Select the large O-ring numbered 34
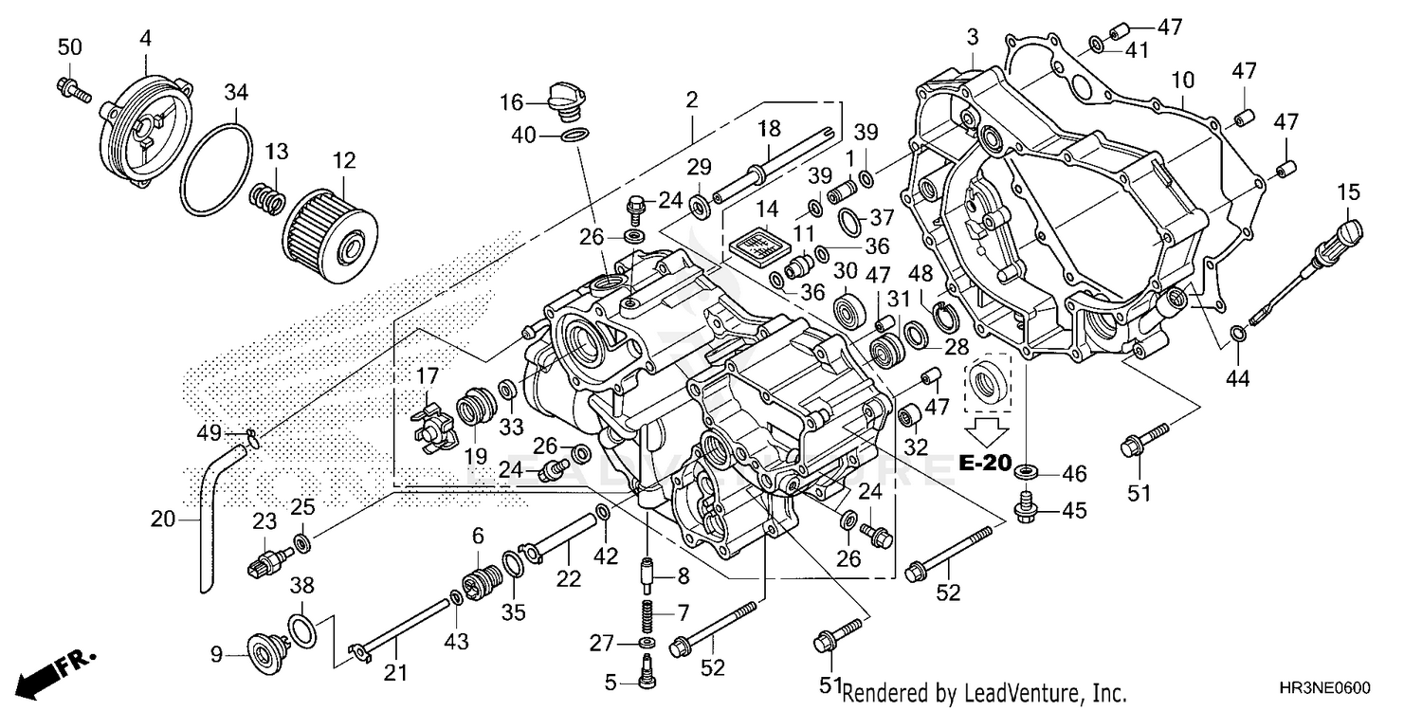pyautogui.click(x=216, y=167)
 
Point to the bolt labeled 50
pyautogui.click(x=72, y=89)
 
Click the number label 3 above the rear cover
pyautogui.click(x=972, y=38)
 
